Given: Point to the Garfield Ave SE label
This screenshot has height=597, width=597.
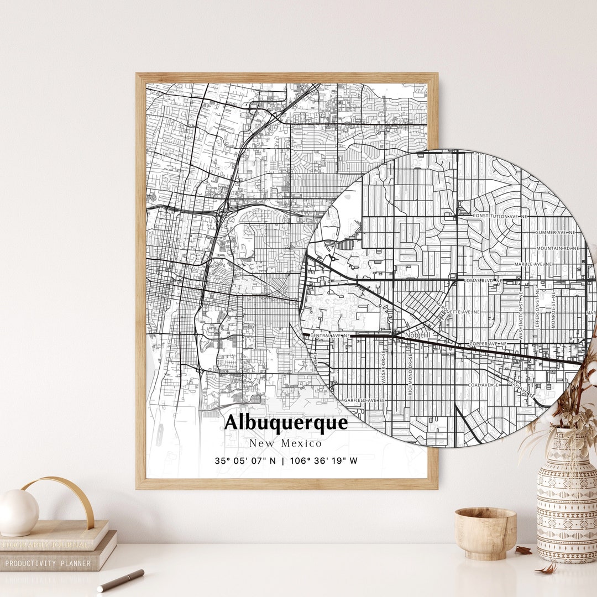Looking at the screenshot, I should coord(364,400).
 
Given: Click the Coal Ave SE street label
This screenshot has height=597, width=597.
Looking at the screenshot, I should coord(483,384).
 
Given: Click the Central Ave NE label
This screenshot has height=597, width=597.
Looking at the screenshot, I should coord(330,335).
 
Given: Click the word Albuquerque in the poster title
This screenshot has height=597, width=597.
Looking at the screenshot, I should coord(286,423).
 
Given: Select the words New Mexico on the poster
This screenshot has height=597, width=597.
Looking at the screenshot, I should coord(285,443).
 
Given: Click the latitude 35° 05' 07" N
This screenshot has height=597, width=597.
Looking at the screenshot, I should coord(245,460).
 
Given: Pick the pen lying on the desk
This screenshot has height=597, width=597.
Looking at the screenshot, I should coord(121,580).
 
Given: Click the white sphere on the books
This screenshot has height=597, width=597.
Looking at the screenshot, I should coord(18,512).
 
